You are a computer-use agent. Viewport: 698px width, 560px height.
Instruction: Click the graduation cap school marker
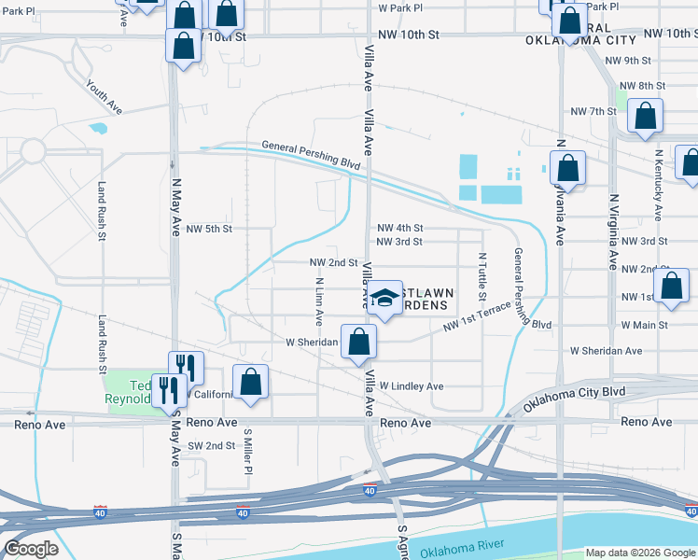point(383,298)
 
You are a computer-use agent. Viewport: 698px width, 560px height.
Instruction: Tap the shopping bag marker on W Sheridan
point(358,342)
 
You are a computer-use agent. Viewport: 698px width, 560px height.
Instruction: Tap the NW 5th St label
point(209,229)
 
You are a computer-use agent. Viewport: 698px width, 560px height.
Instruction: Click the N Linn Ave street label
point(319,301)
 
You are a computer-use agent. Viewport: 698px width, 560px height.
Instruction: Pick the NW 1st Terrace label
point(477,317)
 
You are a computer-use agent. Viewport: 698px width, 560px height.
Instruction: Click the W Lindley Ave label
point(412,385)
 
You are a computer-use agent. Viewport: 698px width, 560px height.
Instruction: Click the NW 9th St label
point(627,61)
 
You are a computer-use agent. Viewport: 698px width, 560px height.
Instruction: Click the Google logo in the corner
point(31,549)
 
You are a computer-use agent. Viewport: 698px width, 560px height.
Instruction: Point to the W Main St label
point(644,325)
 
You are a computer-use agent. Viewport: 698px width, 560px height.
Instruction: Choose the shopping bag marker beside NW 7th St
point(645,117)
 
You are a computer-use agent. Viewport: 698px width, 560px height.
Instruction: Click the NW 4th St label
point(400,228)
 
